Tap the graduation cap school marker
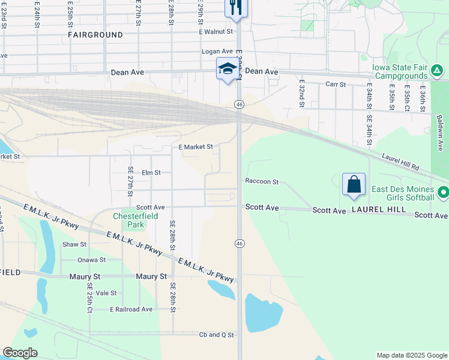(228, 69)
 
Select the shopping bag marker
(354, 184)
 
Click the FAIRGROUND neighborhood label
(95, 35)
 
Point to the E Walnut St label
(216, 31)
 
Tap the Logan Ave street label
(217, 52)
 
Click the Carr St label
(336, 85)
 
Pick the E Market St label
(196, 146)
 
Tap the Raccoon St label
(262, 181)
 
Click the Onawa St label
(91, 260)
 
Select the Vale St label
(106, 293)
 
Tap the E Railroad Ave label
(131, 309)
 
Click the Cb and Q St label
(216, 335)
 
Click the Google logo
(20, 353)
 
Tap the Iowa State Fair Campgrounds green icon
(438, 71)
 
